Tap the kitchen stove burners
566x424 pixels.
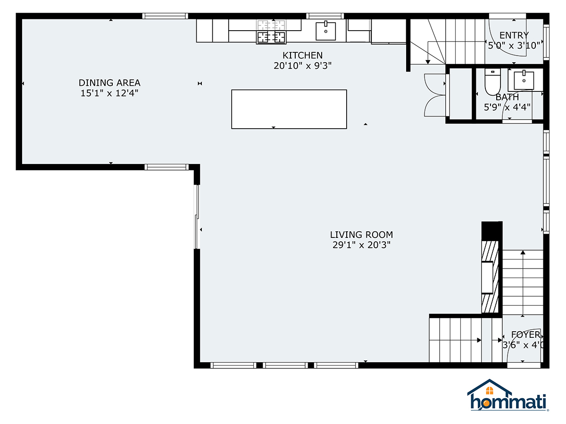coord(271,31)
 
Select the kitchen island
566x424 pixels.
coord(289,109)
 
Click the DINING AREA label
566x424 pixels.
coord(109,83)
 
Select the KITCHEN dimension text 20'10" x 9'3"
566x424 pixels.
coord(303,66)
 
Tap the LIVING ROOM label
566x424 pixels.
coord(361,235)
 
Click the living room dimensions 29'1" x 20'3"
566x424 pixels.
coord(361,245)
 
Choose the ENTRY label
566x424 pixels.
coord(514,35)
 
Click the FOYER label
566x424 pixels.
coord(525,334)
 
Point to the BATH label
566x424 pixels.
coord(507,97)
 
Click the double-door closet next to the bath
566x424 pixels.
coord(435,95)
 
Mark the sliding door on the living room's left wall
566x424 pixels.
coord(197,217)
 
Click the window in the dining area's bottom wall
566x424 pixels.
coord(166,167)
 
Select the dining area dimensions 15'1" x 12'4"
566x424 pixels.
coord(109,93)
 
